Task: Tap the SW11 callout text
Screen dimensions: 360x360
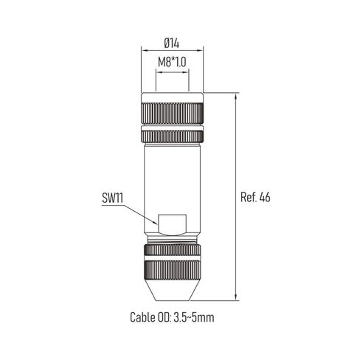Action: [114, 198]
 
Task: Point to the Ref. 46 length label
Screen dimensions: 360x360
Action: [255, 198]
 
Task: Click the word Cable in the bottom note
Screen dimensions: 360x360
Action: [145, 319]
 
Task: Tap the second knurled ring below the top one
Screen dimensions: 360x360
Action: [172, 136]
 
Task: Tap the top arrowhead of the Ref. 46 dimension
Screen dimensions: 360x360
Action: [236, 96]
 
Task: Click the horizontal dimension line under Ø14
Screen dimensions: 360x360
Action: [172, 49]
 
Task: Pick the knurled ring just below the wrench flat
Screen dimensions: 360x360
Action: [172, 249]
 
